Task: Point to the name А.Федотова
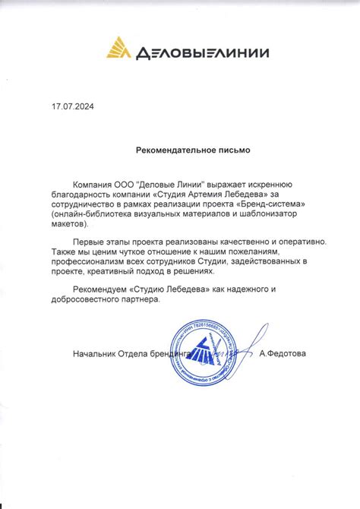coord(283,354)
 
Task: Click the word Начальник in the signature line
coord(94,354)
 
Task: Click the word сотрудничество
coord(89,204)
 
